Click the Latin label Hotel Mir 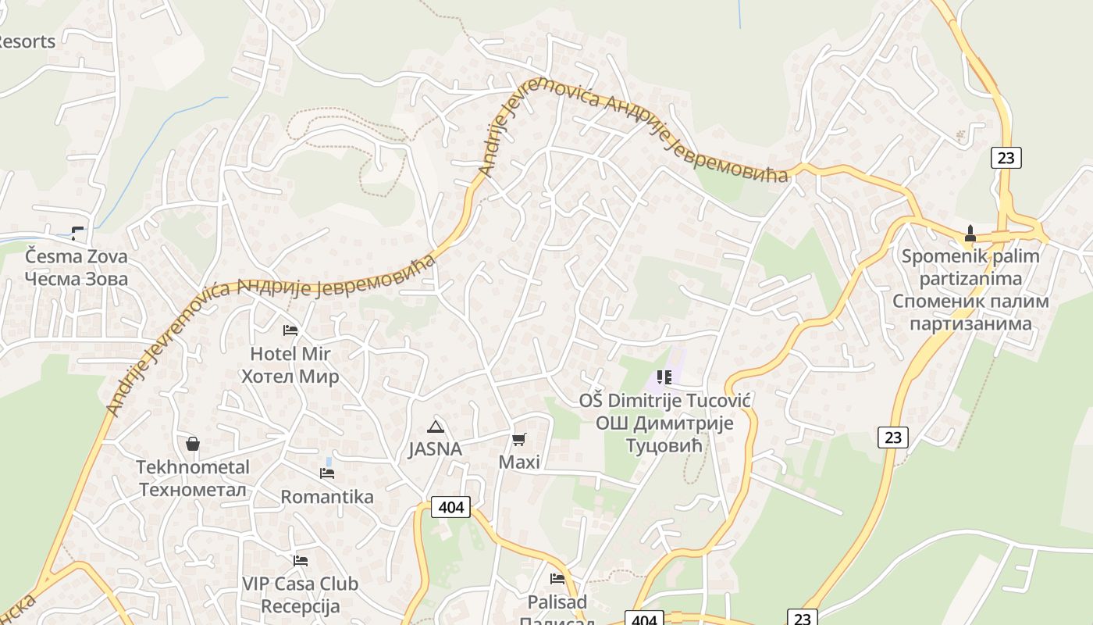click(x=285, y=354)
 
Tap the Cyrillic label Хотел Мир click(x=290, y=377)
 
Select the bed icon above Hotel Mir click(x=290, y=330)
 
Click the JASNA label click(x=435, y=449)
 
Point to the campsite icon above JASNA click(x=436, y=427)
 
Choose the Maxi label click(x=519, y=462)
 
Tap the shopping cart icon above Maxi click(x=519, y=440)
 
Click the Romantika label click(x=327, y=497)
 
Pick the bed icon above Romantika click(x=327, y=473)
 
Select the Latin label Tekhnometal click(x=193, y=467)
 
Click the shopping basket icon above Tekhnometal click(x=193, y=444)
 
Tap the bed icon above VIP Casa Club click(x=301, y=561)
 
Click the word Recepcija click(x=301, y=606)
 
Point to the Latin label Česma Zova click(x=76, y=256)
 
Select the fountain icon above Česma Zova click(x=77, y=232)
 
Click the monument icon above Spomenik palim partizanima click(x=970, y=233)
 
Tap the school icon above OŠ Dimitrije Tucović click(x=664, y=378)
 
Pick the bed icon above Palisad click(x=557, y=579)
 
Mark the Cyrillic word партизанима click(x=970, y=323)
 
